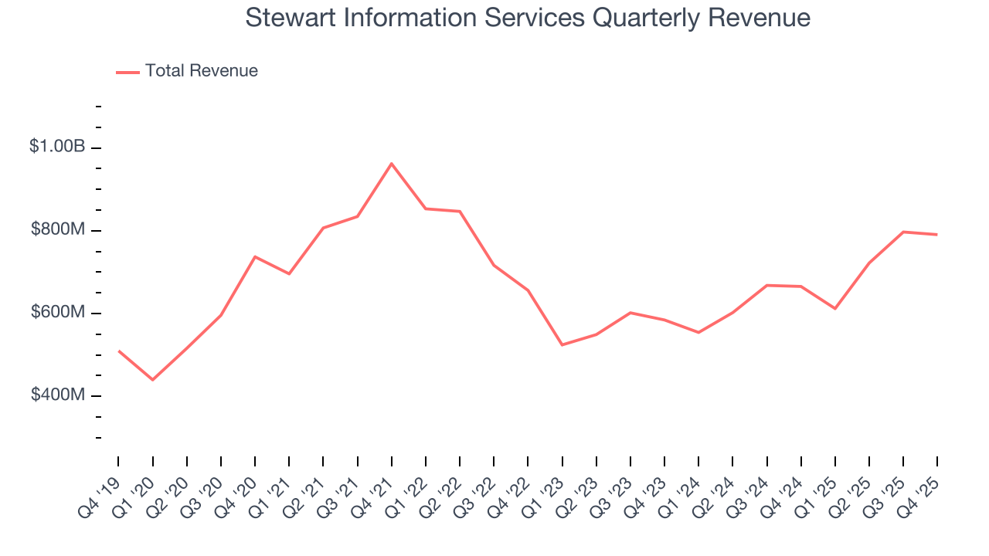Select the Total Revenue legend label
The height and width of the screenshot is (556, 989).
pos(201,71)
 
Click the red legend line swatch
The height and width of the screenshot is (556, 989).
pos(127,72)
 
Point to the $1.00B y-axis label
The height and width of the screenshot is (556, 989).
pos(56,146)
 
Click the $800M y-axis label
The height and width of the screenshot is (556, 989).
pos(58,229)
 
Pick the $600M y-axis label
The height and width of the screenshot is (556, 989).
pos(58,312)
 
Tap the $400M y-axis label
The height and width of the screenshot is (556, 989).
pos(58,395)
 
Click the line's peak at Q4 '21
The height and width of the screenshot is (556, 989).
pos(392,164)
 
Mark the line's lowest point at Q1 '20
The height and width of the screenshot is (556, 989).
pos(152,380)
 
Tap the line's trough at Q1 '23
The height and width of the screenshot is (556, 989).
pos(562,344)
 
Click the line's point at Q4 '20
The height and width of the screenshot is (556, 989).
pos(255,256)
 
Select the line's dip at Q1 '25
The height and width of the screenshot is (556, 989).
pos(835,309)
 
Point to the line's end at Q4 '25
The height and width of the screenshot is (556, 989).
pos(937,235)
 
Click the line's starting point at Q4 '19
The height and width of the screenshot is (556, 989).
pos(119,351)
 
